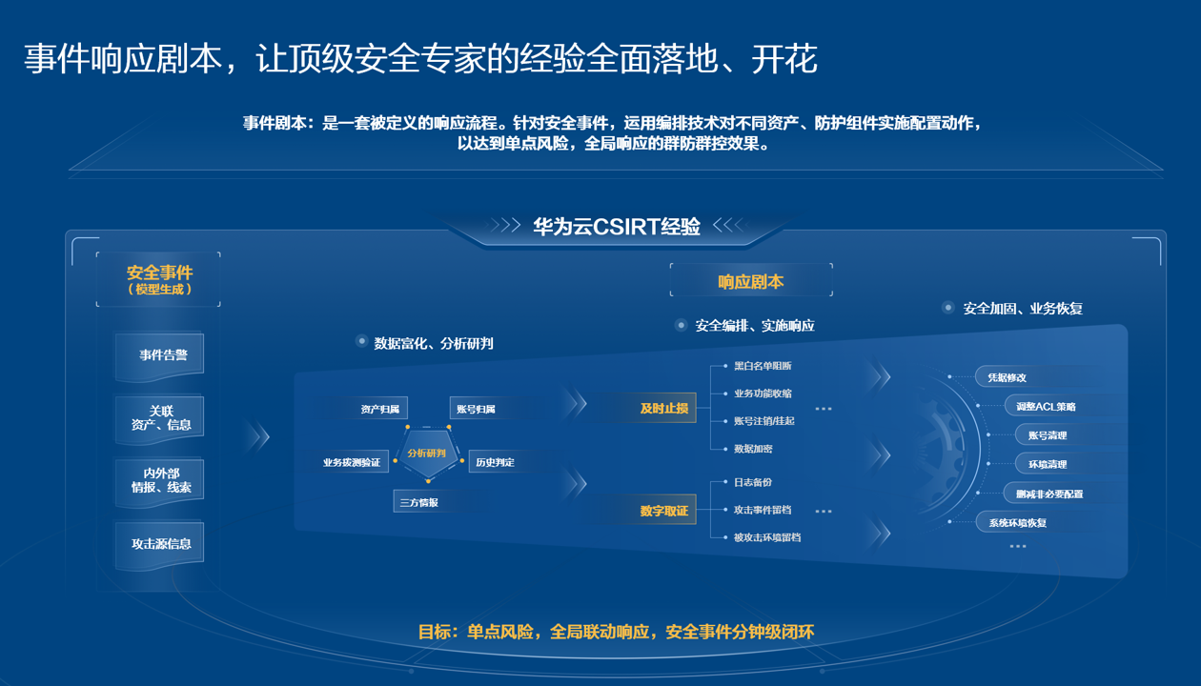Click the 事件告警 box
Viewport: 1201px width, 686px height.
click(159, 355)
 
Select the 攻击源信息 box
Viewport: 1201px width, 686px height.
click(160, 544)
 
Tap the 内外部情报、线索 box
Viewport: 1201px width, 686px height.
click(160, 480)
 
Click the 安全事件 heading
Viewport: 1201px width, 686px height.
click(159, 273)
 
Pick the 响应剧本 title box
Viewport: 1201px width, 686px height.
click(751, 281)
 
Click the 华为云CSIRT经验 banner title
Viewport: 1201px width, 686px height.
click(616, 227)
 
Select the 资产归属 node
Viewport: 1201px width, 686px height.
click(379, 410)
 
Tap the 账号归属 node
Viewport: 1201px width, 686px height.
click(475, 410)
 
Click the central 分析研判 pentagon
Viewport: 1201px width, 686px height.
click(426, 454)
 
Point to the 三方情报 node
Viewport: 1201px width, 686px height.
click(419, 502)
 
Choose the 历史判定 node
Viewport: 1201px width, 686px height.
click(495, 463)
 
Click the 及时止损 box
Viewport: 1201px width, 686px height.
click(663, 408)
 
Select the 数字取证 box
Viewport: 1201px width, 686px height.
click(663, 511)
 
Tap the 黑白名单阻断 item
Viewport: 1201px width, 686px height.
click(762, 366)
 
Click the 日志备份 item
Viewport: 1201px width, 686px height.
click(753, 483)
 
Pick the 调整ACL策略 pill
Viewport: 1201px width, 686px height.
click(1046, 407)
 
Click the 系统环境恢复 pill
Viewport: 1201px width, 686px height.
click(1017, 523)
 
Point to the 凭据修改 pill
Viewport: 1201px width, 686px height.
click(1007, 377)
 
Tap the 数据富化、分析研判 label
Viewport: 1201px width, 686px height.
click(433, 343)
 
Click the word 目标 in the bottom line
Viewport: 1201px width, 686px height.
click(434, 632)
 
